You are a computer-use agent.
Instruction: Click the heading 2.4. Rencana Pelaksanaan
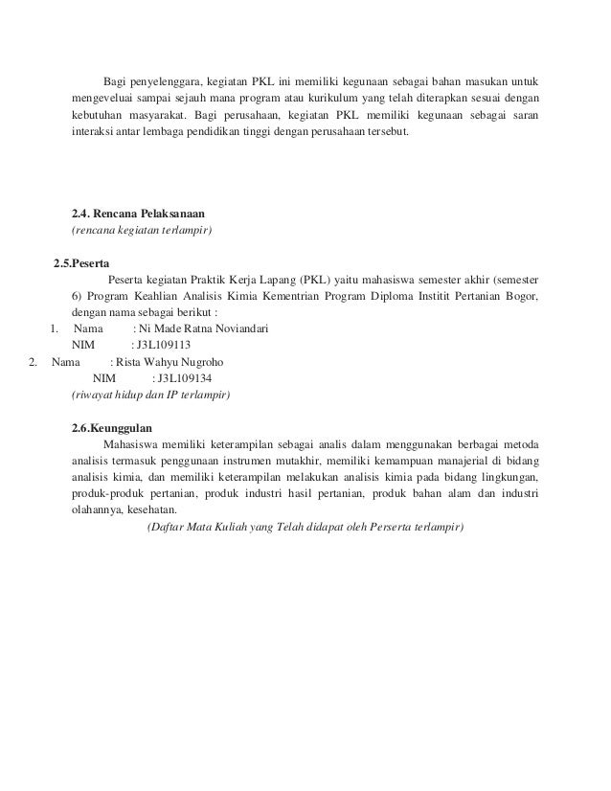pyautogui.click(x=139, y=213)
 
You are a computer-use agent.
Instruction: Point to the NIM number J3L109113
pyautogui.click(x=165, y=346)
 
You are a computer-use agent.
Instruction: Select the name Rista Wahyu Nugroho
pyautogui.click(x=177, y=362)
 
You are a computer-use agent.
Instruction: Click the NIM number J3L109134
pyautogui.click(x=187, y=378)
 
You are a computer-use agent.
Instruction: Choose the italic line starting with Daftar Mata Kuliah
pyautogui.click(x=303, y=528)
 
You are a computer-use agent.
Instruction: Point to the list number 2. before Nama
pyautogui.click(x=34, y=362)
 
